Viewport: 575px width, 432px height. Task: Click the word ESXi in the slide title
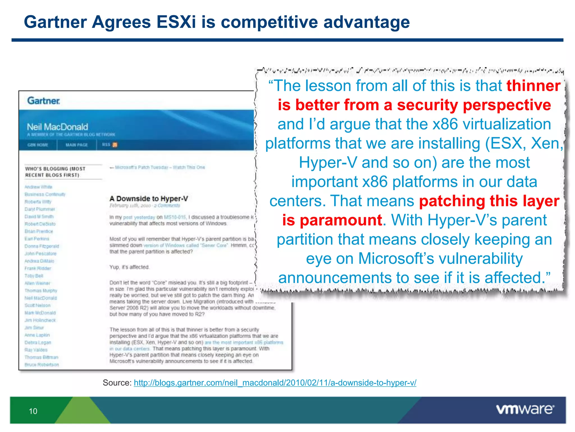(176, 22)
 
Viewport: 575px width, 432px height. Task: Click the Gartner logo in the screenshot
(44, 101)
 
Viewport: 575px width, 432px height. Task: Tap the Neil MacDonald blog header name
(58, 127)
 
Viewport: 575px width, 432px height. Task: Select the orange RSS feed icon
(115, 145)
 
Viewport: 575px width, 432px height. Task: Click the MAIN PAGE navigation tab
(77, 145)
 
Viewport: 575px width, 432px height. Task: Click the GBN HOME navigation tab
(38, 145)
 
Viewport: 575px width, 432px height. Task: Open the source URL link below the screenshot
(275, 383)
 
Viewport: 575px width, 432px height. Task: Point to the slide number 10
(33, 411)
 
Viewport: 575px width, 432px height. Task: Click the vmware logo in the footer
(525, 409)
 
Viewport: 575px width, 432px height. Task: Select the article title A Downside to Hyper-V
(149, 199)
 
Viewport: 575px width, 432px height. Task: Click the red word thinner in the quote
(533, 86)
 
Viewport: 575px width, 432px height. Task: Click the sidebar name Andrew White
(38, 187)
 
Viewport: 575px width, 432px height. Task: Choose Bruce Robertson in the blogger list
(42, 365)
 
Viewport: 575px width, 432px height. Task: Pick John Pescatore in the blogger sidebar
(40, 254)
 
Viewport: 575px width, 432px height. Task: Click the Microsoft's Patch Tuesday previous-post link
(159, 167)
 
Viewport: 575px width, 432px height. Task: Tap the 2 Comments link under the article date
(167, 206)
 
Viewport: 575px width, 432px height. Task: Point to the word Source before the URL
(117, 383)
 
